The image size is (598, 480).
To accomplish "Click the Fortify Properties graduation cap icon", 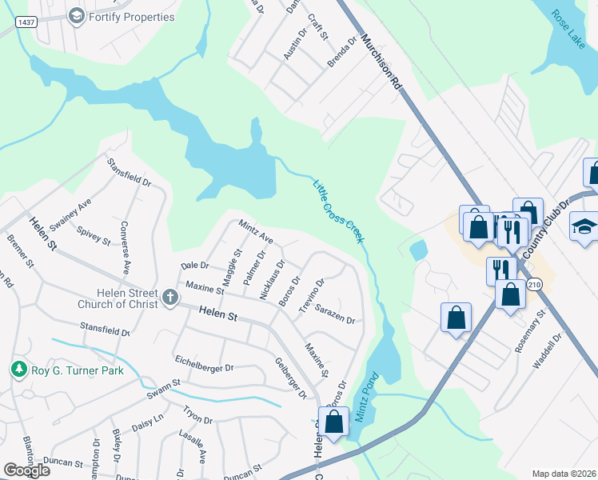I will (x=77, y=16).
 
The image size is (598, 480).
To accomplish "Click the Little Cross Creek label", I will (x=338, y=210).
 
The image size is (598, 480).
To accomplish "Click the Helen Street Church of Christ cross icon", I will (x=169, y=298).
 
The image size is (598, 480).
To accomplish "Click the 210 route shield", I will (x=534, y=284).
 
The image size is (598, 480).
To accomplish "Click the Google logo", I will (x=26, y=470).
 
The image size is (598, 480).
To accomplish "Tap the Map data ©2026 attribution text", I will (x=564, y=474).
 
